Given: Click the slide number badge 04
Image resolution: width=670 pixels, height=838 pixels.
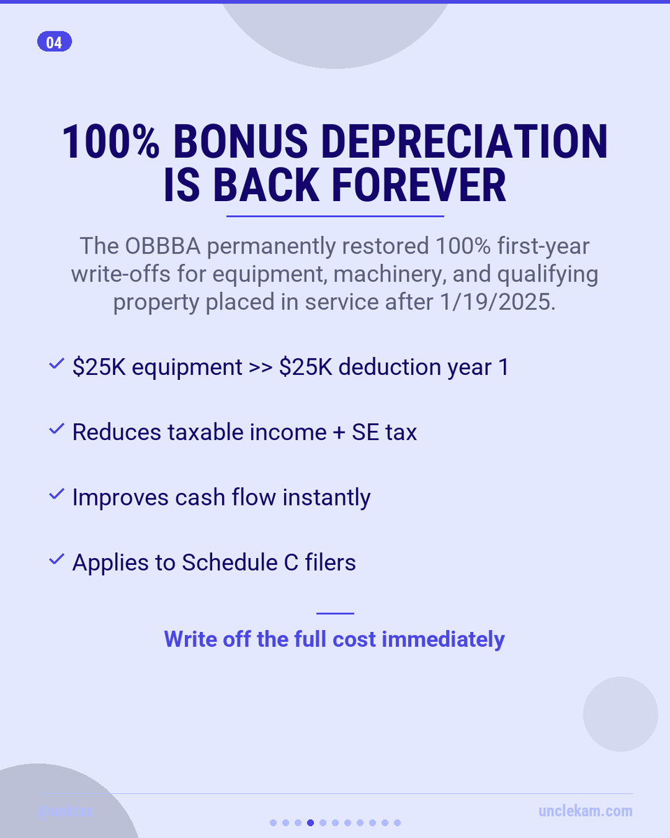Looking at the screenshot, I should click(x=54, y=43).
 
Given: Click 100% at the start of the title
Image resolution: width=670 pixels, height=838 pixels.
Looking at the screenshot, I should click(x=111, y=142).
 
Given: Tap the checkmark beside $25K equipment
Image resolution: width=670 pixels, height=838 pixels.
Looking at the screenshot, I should click(x=57, y=365).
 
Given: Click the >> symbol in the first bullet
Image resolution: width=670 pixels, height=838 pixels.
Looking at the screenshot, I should click(x=260, y=368).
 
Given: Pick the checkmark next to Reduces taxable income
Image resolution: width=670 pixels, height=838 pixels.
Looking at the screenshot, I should click(x=57, y=430).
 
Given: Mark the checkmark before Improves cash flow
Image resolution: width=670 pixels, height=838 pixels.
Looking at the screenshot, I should click(x=57, y=495).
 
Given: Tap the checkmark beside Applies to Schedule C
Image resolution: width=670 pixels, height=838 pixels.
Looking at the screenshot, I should click(x=57, y=560).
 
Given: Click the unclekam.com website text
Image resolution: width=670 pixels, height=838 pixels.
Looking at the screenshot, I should click(x=586, y=811).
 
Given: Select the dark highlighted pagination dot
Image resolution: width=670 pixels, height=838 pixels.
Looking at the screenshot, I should click(x=311, y=823).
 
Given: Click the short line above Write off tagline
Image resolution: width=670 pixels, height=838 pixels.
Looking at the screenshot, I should click(x=335, y=614).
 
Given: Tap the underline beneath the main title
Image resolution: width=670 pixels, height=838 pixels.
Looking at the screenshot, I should click(x=335, y=216).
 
